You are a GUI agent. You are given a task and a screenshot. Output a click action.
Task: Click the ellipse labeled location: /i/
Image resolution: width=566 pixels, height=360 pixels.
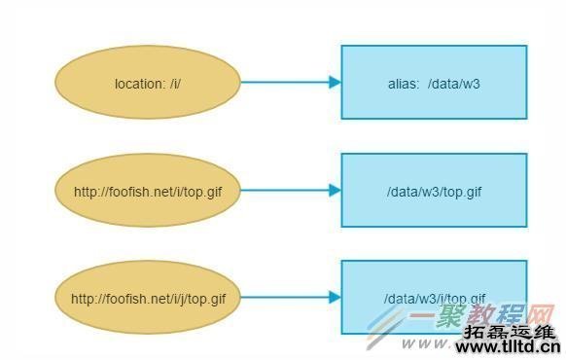[147, 83]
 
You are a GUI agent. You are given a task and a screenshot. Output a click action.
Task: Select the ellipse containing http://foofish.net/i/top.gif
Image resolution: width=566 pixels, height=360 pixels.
[147, 191]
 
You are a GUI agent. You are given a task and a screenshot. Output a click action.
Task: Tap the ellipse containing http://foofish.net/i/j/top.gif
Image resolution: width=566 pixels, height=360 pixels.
[147, 298]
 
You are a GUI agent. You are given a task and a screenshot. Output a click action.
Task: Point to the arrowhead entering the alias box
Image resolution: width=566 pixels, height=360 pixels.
[335, 83]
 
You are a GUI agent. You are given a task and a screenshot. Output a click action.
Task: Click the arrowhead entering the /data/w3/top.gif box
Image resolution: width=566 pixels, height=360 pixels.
[335, 191]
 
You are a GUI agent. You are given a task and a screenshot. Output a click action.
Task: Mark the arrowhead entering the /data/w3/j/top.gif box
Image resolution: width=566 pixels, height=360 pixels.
[335, 298]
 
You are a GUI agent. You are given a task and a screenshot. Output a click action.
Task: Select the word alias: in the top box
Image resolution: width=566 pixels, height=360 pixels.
[404, 84]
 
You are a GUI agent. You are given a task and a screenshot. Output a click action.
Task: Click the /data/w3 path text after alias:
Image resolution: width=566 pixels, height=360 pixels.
[453, 84]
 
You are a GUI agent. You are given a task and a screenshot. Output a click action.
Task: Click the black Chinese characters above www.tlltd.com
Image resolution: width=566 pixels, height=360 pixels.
[510, 331]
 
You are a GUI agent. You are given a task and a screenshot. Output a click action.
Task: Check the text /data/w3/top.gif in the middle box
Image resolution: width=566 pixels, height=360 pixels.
[434, 192]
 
